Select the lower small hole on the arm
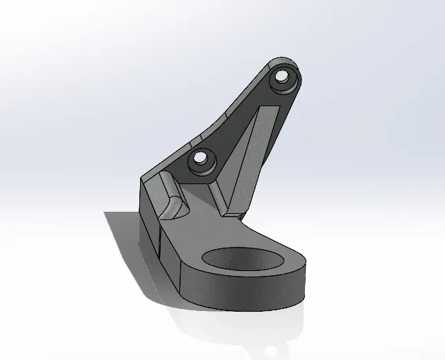click(x=200, y=158)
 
